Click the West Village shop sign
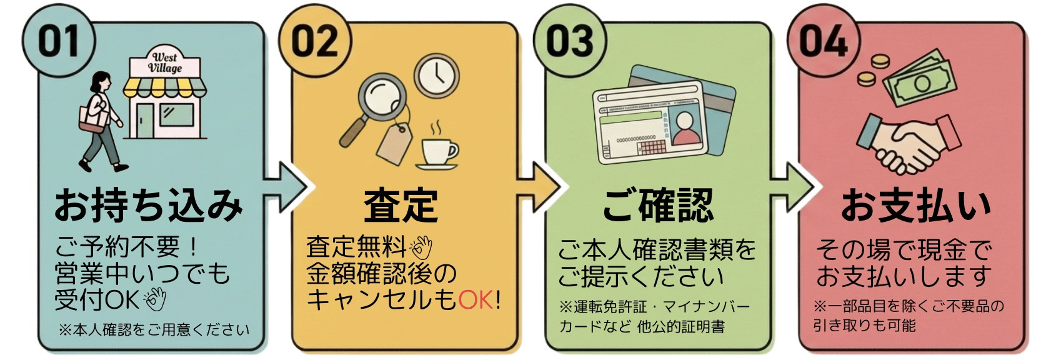[165, 63]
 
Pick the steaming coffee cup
[439, 152]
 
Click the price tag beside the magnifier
[394, 144]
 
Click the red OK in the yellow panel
[476, 300]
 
